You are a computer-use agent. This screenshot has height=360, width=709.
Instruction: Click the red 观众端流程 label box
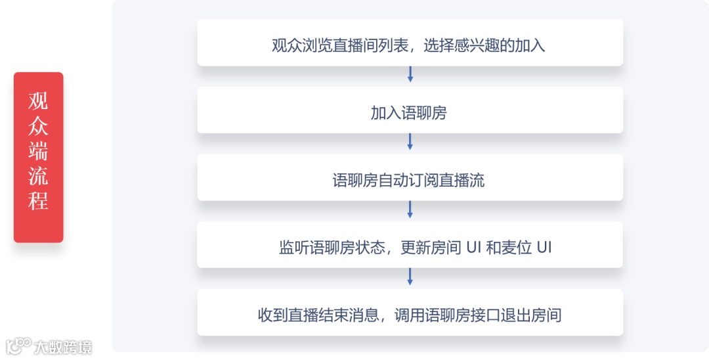coord(38,158)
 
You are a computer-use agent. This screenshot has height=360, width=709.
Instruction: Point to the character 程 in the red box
coord(38,200)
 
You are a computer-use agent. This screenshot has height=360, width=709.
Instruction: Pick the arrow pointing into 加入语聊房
coord(410,74)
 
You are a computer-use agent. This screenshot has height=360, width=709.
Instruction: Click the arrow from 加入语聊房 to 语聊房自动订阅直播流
coord(410,142)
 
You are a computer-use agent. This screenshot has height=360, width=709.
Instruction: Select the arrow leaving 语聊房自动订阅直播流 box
coord(410,210)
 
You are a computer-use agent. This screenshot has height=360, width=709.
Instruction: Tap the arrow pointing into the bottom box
coord(410,277)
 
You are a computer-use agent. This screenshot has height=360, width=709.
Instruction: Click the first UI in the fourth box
coord(473,248)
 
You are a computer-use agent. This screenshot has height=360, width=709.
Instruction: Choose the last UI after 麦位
coord(544,248)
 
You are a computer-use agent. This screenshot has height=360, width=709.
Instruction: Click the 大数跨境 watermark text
coord(64,347)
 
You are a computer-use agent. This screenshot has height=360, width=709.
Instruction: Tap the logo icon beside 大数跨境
coord(18,346)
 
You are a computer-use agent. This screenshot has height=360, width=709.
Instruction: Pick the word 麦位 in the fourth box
coord(517,248)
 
